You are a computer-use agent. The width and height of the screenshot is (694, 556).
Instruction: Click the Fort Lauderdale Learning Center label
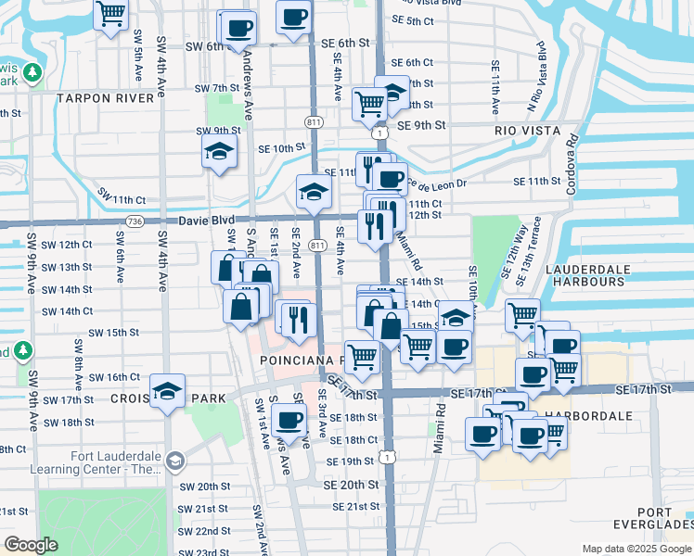(118, 462)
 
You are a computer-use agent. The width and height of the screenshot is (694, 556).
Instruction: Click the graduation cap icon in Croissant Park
(167, 391)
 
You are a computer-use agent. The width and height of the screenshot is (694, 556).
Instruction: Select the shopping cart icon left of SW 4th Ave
(110, 14)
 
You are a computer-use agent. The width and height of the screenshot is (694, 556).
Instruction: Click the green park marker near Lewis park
(33, 72)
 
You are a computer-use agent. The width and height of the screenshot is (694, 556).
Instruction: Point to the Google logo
(32, 545)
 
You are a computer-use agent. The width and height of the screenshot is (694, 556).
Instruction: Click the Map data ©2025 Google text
(636, 549)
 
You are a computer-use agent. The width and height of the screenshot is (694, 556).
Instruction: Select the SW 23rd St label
(204, 552)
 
